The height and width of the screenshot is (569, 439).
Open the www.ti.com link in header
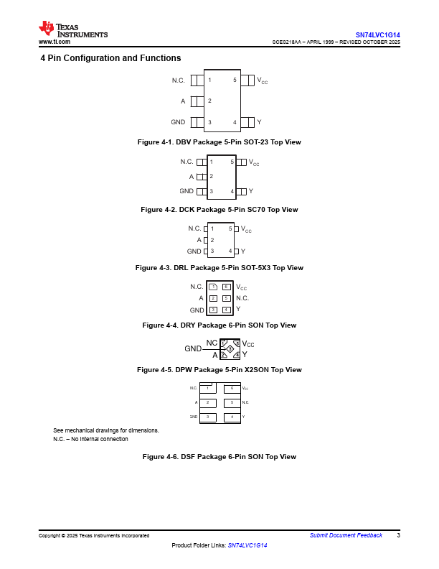[54, 42]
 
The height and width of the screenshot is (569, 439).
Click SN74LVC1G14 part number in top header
[378, 34]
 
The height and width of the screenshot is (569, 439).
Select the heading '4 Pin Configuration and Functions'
[110, 58]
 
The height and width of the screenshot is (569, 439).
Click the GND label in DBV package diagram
[178, 122]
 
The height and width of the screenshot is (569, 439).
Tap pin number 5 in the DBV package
[235, 80]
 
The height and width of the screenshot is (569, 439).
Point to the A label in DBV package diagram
[183, 101]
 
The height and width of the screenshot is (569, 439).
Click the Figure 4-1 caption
[219, 142]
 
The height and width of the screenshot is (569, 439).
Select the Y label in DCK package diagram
[251, 191]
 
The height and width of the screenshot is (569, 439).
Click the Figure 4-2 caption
[219, 210]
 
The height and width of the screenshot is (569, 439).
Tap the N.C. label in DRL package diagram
[194, 228]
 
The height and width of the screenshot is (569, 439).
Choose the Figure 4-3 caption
[219, 268]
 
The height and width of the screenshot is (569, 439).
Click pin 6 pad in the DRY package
[226, 287]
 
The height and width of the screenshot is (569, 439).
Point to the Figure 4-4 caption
[219, 325]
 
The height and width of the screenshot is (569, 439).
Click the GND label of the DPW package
[192, 348]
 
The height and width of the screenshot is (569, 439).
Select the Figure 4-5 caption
[219, 370]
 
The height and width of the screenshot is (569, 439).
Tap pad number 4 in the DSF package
[232, 417]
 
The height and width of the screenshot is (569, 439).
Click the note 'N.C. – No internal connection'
[90, 439]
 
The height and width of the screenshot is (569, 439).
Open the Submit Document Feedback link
[346, 535]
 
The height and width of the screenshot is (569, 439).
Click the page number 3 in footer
[398, 535]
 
